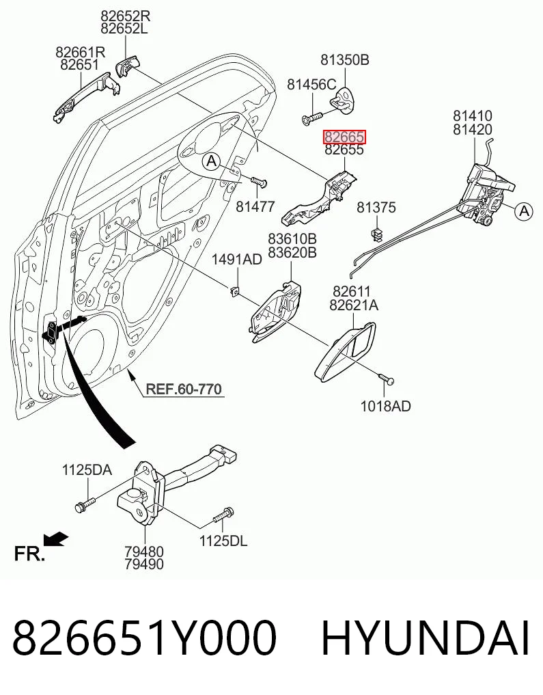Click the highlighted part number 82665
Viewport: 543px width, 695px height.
pyautogui.click(x=344, y=137)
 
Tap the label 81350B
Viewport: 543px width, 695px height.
pyautogui.click(x=344, y=60)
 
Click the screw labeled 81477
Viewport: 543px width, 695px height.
pyautogui.click(x=259, y=181)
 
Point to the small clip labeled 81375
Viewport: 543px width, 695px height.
pyautogui.click(x=376, y=234)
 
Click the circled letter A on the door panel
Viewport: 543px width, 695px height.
pyautogui.click(x=212, y=161)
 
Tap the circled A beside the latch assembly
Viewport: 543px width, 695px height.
pyautogui.click(x=524, y=211)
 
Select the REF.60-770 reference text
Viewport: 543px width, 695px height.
pyautogui.click(x=184, y=389)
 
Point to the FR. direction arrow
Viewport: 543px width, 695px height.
pyautogui.click(x=55, y=539)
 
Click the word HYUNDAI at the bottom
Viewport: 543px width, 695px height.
pyautogui.click(x=425, y=639)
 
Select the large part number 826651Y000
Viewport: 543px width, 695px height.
pyautogui.click(x=144, y=639)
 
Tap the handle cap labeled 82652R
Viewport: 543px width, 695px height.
pyautogui.click(x=128, y=66)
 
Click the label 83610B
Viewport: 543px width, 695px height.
pyautogui.click(x=292, y=239)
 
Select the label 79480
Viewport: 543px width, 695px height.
pyautogui.click(x=144, y=552)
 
